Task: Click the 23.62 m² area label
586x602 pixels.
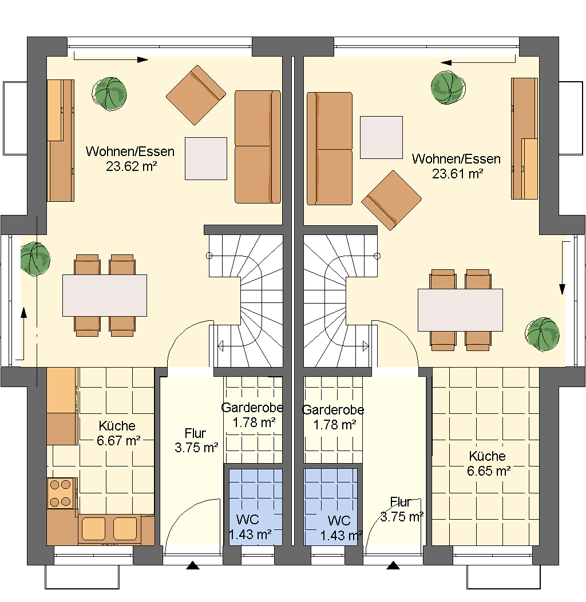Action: click(131, 166)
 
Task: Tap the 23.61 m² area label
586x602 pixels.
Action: click(457, 174)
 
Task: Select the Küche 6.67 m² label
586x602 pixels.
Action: click(118, 433)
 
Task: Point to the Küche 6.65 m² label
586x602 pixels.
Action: click(488, 464)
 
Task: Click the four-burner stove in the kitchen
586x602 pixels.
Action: click(60, 493)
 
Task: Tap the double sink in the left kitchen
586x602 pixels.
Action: click(109, 529)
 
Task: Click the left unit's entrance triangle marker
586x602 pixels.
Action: click(192, 565)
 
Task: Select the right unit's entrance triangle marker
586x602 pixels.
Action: click(393, 565)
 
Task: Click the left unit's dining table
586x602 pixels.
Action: click(105, 295)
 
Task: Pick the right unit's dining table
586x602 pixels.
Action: click(460, 310)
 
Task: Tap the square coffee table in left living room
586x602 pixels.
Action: click(206, 158)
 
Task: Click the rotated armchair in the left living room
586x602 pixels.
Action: click(196, 95)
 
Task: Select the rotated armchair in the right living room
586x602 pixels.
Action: click(391, 201)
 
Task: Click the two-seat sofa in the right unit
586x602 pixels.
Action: click(330, 149)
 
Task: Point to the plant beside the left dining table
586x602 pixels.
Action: click(35, 259)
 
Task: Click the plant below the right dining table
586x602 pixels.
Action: click(542, 334)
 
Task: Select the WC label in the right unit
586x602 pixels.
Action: click(339, 521)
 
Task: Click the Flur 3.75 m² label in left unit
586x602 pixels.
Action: click(196, 440)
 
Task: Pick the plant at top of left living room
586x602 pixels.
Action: click(109, 94)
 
